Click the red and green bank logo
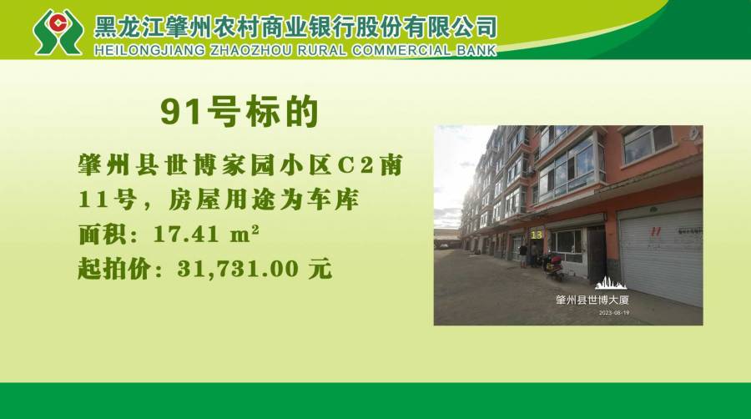coord(58,32)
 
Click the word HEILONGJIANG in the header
coord(149,50)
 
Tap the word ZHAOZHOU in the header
coord(250,50)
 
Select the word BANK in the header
coord(476,50)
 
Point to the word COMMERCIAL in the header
coord(401,50)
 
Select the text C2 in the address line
coord(355,166)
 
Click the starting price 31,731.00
coord(238,269)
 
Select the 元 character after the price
coord(320,269)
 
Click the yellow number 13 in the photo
coord(537,235)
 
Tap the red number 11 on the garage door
coord(655,231)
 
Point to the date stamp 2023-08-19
coord(614,313)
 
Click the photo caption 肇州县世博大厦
coord(592,300)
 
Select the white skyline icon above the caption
coord(611,283)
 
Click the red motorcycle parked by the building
coord(555,268)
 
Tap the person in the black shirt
coord(523,255)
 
